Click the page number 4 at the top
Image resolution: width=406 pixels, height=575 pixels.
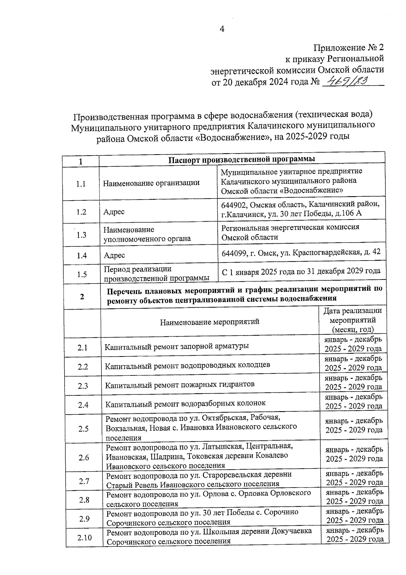coord(222,29)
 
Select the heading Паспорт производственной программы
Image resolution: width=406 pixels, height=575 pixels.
coord(242,159)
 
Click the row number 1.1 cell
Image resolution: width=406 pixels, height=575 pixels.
coord(81,184)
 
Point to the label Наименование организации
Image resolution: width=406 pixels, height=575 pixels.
coord(151,183)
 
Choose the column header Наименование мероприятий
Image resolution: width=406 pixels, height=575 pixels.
coord(209,322)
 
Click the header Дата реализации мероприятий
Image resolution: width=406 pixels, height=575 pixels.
coord(353,320)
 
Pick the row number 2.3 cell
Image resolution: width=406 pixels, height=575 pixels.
coord(83,386)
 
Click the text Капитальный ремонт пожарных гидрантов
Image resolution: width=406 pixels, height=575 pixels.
coord(180,385)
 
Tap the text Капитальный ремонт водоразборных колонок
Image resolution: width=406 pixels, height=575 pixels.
coord(185,404)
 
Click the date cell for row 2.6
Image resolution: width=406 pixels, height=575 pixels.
coord(354,454)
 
